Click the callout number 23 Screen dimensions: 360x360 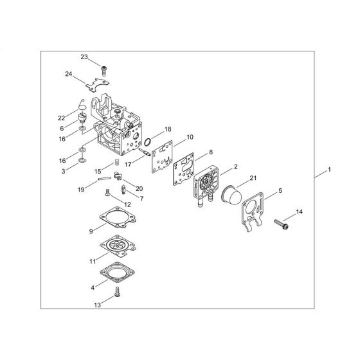click(x=84, y=57)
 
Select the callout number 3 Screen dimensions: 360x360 click(x=63, y=172)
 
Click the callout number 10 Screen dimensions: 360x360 click(x=190, y=137)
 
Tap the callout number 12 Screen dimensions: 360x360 click(x=127, y=204)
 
